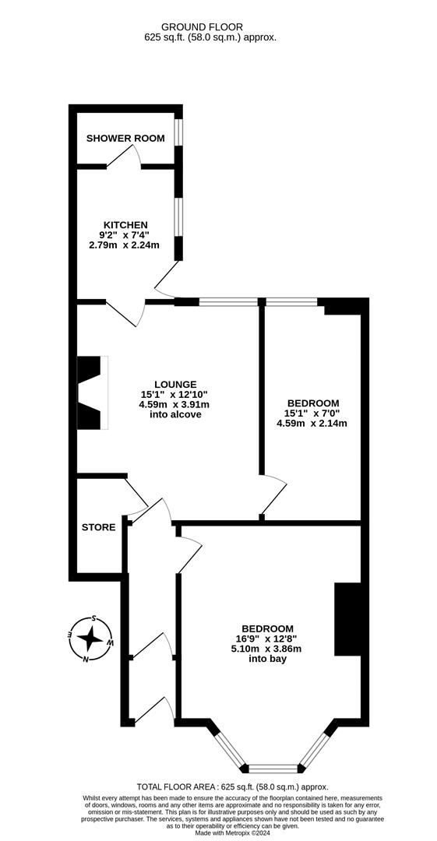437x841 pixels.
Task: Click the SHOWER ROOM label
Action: tap(125, 139)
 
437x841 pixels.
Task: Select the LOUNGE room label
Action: tap(174, 384)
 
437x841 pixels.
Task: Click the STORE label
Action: tap(98, 527)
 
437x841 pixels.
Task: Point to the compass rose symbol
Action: tap(90, 639)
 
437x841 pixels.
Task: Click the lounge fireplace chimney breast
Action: tap(90, 392)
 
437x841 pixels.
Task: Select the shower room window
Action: tap(178, 132)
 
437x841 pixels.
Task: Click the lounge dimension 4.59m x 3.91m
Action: tap(174, 404)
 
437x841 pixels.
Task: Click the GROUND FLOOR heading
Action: tap(210, 26)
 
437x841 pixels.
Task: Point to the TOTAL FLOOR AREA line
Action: tap(232, 787)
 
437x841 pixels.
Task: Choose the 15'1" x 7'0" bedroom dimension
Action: tap(312, 413)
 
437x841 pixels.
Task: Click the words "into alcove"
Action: tap(175, 414)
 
